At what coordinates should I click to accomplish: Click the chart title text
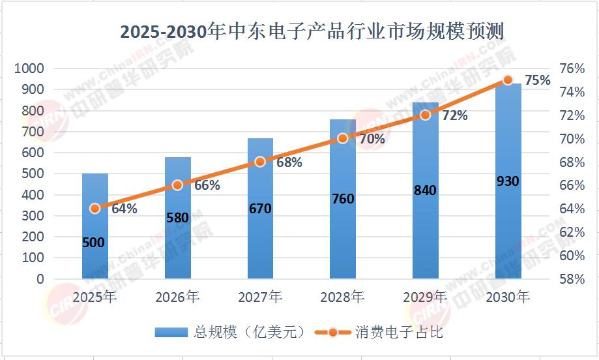313,31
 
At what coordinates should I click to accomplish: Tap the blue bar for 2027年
260,248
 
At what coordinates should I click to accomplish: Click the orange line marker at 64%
95,209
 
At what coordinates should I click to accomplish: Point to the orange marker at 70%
343,138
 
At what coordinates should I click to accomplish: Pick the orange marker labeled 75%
508,80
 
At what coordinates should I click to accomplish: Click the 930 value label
508,181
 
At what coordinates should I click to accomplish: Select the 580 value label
177,218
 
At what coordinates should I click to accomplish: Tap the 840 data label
425,190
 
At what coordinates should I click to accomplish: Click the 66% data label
207,185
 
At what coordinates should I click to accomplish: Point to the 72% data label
455,115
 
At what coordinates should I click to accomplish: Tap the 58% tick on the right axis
571,279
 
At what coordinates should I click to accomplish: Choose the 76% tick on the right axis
571,69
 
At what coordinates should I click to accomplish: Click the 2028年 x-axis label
342,297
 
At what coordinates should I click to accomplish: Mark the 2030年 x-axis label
508,297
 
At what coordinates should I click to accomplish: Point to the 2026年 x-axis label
177,297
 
